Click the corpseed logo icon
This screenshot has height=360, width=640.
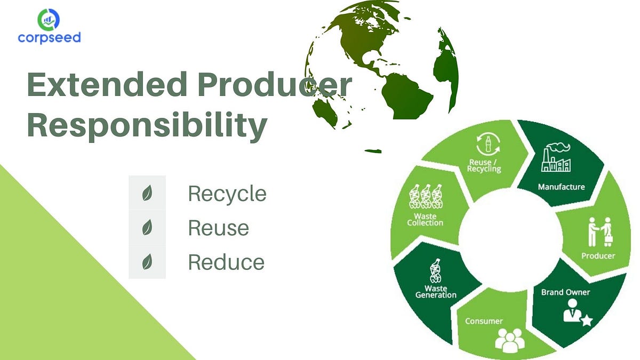tap(49, 19)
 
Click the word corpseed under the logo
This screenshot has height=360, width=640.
tap(49, 38)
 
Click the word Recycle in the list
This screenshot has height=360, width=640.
tap(227, 194)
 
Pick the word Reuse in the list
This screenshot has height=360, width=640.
tap(218, 228)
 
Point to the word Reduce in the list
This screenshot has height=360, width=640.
tap(226, 262)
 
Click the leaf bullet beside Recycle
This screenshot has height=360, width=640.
tap(147, 194)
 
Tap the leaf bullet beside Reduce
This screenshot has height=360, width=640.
tap(147, 262)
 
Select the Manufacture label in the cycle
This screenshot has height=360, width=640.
tap(561, 187)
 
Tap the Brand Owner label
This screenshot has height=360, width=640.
tap(565, 292)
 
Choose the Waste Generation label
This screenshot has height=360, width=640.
tap(436, 292)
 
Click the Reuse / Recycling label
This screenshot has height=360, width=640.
tap(484, 166)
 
